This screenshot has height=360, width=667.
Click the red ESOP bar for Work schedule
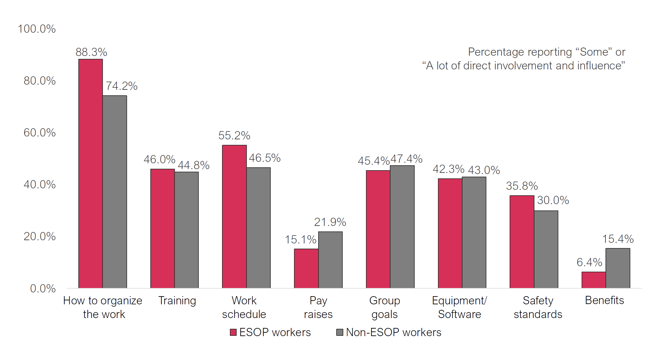click(234, 216)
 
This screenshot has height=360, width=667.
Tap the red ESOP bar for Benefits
click(594, 280)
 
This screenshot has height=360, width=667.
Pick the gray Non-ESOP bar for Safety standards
click(546, 249)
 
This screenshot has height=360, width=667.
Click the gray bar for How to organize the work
click(115, 192)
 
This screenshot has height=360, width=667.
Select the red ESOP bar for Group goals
click(378, 229)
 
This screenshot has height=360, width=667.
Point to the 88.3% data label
click(91, 52)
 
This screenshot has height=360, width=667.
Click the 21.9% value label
click(330, 222)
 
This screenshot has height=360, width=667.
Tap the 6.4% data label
click(589, 262)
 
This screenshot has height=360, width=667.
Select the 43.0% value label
click(484, 170)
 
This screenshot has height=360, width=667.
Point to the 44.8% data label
click(193, 165)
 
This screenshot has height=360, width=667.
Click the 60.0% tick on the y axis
click(40, 133)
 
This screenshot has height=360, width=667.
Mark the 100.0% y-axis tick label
click(37, 29)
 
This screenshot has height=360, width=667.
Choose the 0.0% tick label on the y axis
click(43, 289)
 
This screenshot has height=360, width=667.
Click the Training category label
click(177, 301)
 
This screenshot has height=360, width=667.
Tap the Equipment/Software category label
click(459, 307)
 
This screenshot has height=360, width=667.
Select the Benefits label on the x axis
click(604, 300)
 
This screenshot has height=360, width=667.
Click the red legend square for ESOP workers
click(233, 332)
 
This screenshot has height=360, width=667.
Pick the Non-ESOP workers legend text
click(393, 332)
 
